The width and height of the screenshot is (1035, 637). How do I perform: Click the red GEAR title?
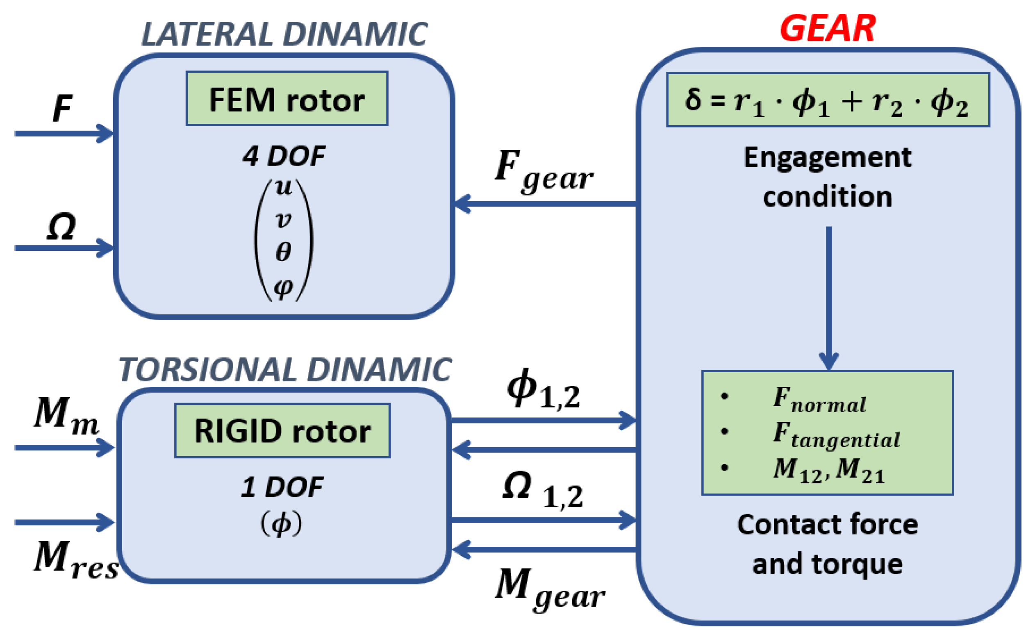pyautogui.click(x=827, y=29)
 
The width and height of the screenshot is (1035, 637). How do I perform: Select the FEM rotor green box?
pyautogui.click(x=287, y=98)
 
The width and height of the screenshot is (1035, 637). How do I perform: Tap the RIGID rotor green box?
pyautogui.click(x=282, y=431)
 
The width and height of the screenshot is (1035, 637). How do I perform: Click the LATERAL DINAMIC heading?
pyautogui.click(x=284, y=34)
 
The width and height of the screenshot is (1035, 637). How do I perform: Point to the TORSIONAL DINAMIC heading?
pyautogui.click(x=284, y=370)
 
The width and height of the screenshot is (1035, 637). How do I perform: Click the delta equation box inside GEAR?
pyautogui.click(x=827, y=100)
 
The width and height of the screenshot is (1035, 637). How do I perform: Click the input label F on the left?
pyautogui.click(x=62, y=108)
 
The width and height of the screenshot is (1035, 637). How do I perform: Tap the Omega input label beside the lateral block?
pyautogui.click(x=61, y=227)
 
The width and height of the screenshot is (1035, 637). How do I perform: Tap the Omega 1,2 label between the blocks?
pyautogui.click(x=542, y=489)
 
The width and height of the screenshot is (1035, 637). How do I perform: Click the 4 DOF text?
pyautogui.click(x=284, y=156)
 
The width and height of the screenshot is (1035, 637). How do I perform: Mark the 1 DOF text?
pyautogui.click(x=281, y=487)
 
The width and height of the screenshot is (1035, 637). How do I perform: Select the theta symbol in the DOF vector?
pyautogui.click(x=283, y=252)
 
